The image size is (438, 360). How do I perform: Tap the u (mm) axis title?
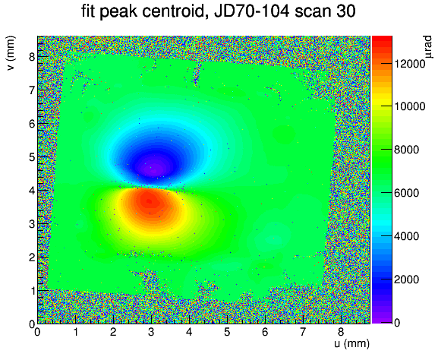[x=351, y=343]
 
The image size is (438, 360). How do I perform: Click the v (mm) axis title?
[x=11, y=53]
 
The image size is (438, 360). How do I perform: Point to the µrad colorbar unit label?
[x=427, y=46]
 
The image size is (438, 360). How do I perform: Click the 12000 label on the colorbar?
[x=409, y=64]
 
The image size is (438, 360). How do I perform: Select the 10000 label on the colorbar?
[x=409, y=106]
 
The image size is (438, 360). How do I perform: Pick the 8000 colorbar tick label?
[x=406, y=150]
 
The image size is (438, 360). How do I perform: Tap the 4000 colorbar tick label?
[x=406, y=236]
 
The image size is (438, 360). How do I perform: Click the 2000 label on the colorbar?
[x=406, y=279]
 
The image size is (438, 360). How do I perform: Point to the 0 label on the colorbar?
[x=397, y=323]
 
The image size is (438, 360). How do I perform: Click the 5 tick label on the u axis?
[x=227, y=332]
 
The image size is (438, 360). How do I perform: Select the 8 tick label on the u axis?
[x=341, y=332]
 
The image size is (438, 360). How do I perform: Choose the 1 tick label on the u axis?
[x=75, y=332]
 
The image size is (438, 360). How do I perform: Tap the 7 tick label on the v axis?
[x=33, y=90]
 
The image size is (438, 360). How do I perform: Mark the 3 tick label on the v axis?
[x=33, y=224]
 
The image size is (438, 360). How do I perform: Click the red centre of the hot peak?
[x=150, y=201]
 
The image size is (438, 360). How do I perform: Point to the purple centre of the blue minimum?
[x=155, y=169]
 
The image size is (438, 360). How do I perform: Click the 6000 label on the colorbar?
[x=406, y=193]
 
